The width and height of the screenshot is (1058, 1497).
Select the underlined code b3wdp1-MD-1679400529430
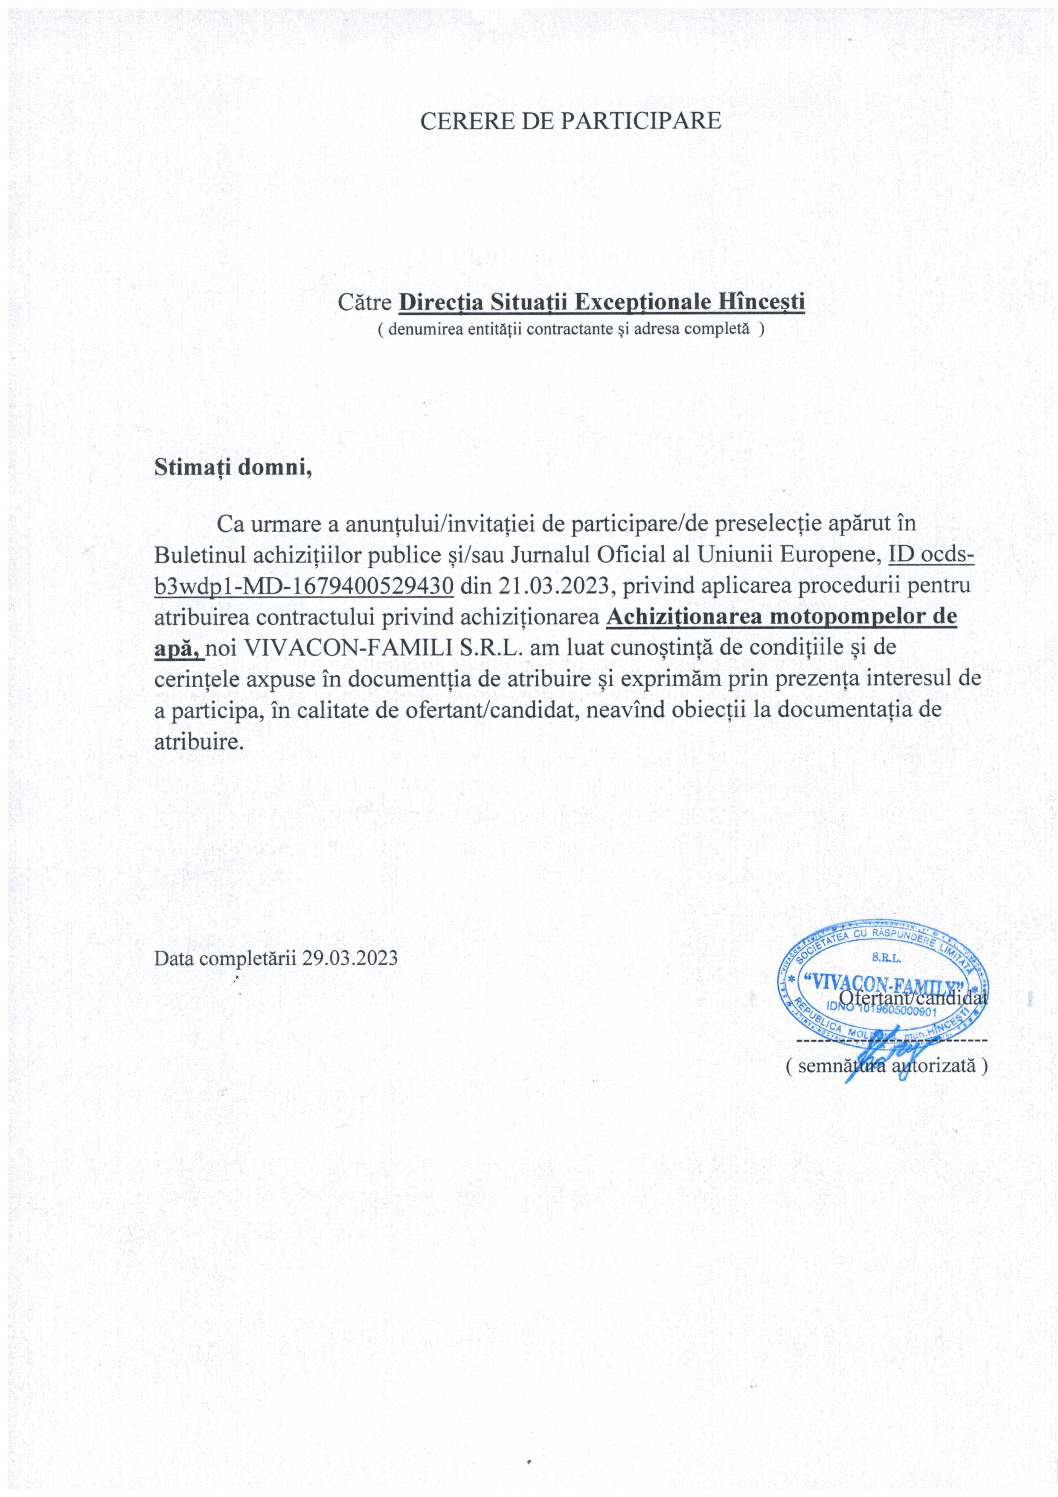(304, 585)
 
